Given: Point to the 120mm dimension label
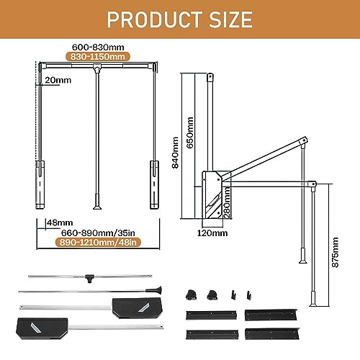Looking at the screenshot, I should [x=213, y=232].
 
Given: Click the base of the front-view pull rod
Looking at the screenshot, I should [x=95, y=204].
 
